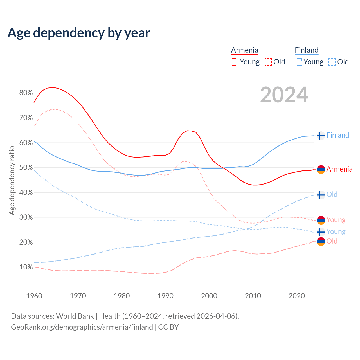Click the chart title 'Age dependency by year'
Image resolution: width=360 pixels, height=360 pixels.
click(x=79, y=33)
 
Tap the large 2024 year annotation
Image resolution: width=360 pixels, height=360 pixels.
click(x=284, y=95)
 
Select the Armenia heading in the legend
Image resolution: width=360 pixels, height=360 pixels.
click(x=244, y=50)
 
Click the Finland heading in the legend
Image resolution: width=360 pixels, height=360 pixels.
click(x=307, y=50)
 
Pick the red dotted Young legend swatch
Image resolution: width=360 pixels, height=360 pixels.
click(x=235, y=62)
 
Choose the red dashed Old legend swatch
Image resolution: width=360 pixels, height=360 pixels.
click(x=268, y=62)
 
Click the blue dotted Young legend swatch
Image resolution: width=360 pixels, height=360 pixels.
click(x=298, y=62)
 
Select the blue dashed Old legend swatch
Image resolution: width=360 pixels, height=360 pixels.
click(x=332, y=62)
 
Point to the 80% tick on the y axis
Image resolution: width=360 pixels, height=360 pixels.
click(x=26, y=93)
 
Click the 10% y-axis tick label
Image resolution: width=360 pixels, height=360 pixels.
click(x=26, y=267)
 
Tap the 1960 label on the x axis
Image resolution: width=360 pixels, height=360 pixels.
click(x=34, y=296)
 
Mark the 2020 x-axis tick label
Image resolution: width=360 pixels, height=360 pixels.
click(x=297, y=296)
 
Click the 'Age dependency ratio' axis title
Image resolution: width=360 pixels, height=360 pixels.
click(x=12, y=180)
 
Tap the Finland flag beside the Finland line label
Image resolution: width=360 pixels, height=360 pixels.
click(x=321, y=136)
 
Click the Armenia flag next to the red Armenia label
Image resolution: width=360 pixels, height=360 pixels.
click(x=321, y=169)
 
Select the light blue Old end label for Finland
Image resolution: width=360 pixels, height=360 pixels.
click(x=332, y=194)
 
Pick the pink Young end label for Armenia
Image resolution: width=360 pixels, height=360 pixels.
click(x=336, y=220)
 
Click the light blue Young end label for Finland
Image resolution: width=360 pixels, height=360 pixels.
click(x=336, y=231)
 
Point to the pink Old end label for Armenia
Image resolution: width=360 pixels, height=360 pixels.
click(x=332, y=241)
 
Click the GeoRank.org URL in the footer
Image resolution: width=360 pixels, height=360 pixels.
click(x=82, y=327)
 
